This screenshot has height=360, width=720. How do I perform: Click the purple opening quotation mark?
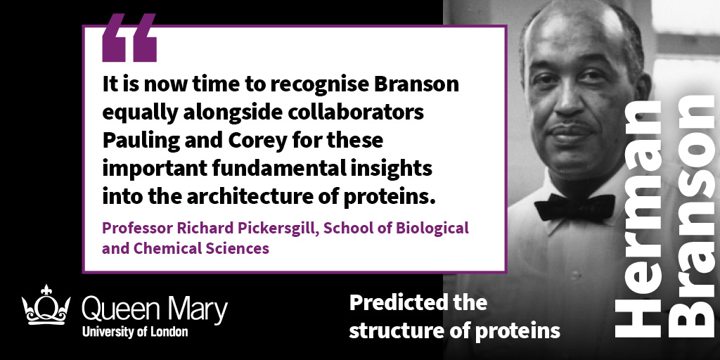click(x=129, y=38)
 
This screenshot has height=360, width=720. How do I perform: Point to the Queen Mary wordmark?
click(x=154, y=310)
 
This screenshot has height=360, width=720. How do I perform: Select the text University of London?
click(x=135, y=332)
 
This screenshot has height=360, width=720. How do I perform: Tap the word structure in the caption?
click(x=389, y=330)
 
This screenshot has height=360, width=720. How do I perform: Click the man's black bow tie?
click(x=574, y=207)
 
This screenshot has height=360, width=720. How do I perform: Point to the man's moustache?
click(x=572, y=127)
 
